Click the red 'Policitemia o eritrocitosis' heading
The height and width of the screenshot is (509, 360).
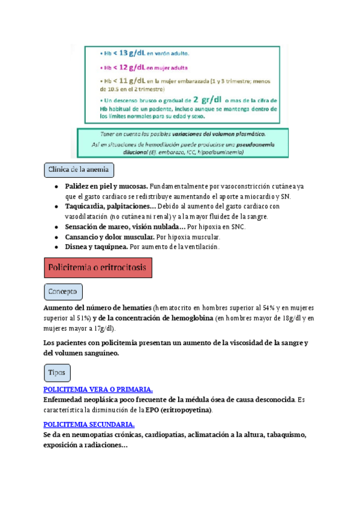[98, 267]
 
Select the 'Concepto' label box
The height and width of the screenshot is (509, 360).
[63, 292]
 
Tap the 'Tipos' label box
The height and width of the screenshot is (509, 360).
[57, 373]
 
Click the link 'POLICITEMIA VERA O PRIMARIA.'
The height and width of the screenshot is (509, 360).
[98, 390]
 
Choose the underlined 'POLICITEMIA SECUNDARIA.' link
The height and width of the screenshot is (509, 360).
[89, 424]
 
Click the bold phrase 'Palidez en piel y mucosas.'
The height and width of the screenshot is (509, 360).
[106, 187]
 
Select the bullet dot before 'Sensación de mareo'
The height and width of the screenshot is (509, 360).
[56, 227]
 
